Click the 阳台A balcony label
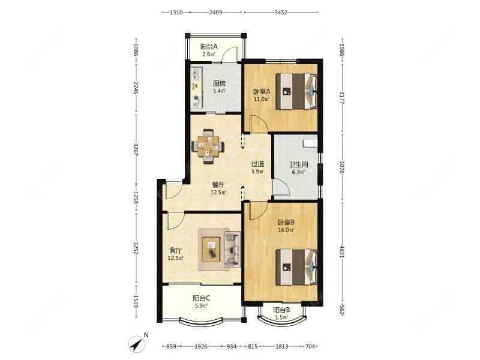[209, 47]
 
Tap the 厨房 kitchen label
[219, 83]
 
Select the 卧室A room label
[262, 92]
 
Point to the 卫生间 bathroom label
[298, 164]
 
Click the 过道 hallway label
[258, 164]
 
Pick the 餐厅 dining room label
[218, 185]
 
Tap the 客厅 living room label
[175, 250]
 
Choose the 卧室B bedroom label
[286, 222]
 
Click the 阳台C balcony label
[201, 298]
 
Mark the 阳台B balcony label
[281, 310]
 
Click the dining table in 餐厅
[208, 146]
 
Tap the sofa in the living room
[232, 248]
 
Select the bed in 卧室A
[296, 91]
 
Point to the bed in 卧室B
[296, 267]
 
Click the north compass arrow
[137, 343]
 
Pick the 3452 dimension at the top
[281, 12]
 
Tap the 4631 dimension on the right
[342, 251]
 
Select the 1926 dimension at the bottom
[201, 347]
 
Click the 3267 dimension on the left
[136, 149]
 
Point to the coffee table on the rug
[211, 248]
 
